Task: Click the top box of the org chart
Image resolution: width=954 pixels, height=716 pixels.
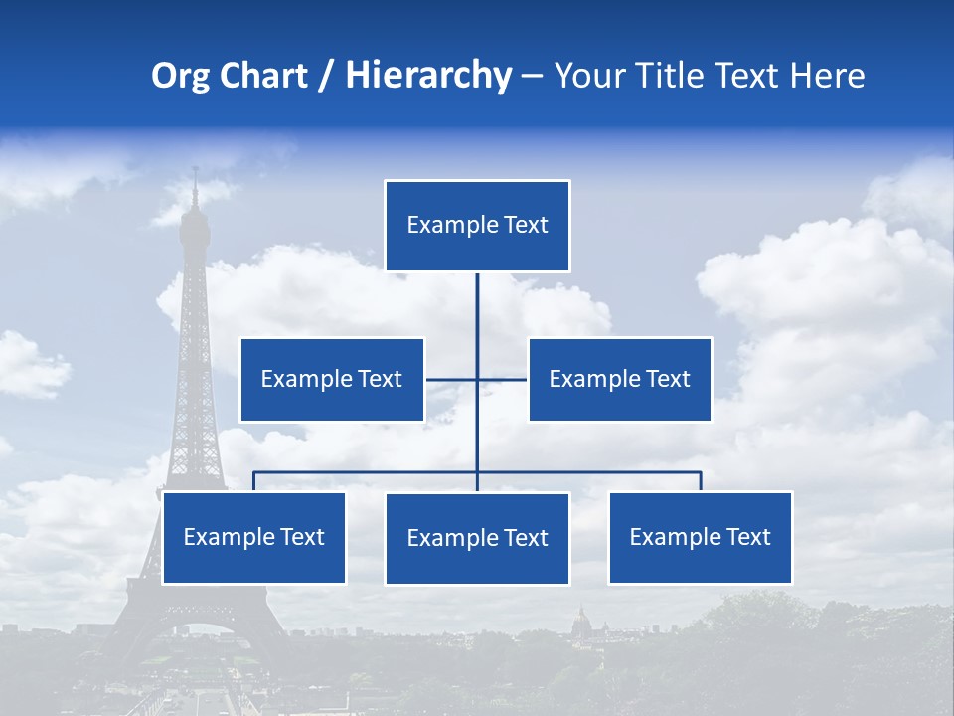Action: (x=477, y=226)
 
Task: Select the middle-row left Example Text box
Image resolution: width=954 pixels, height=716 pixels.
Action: (x=332, y=379)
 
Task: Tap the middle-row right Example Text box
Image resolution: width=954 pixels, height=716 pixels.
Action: (x=619, y=379)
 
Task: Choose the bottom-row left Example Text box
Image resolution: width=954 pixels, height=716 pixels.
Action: (x=254, y=537)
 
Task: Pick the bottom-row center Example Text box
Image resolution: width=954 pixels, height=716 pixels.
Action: (x=477, y=538)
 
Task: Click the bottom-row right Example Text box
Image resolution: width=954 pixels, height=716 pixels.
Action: (x=701, y=537)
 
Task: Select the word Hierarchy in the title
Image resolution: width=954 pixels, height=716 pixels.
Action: (x=428, y=76)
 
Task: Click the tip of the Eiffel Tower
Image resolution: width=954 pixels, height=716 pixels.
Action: (x=195, y=171)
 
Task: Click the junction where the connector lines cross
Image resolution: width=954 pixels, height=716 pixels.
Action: (x=477, y=379)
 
